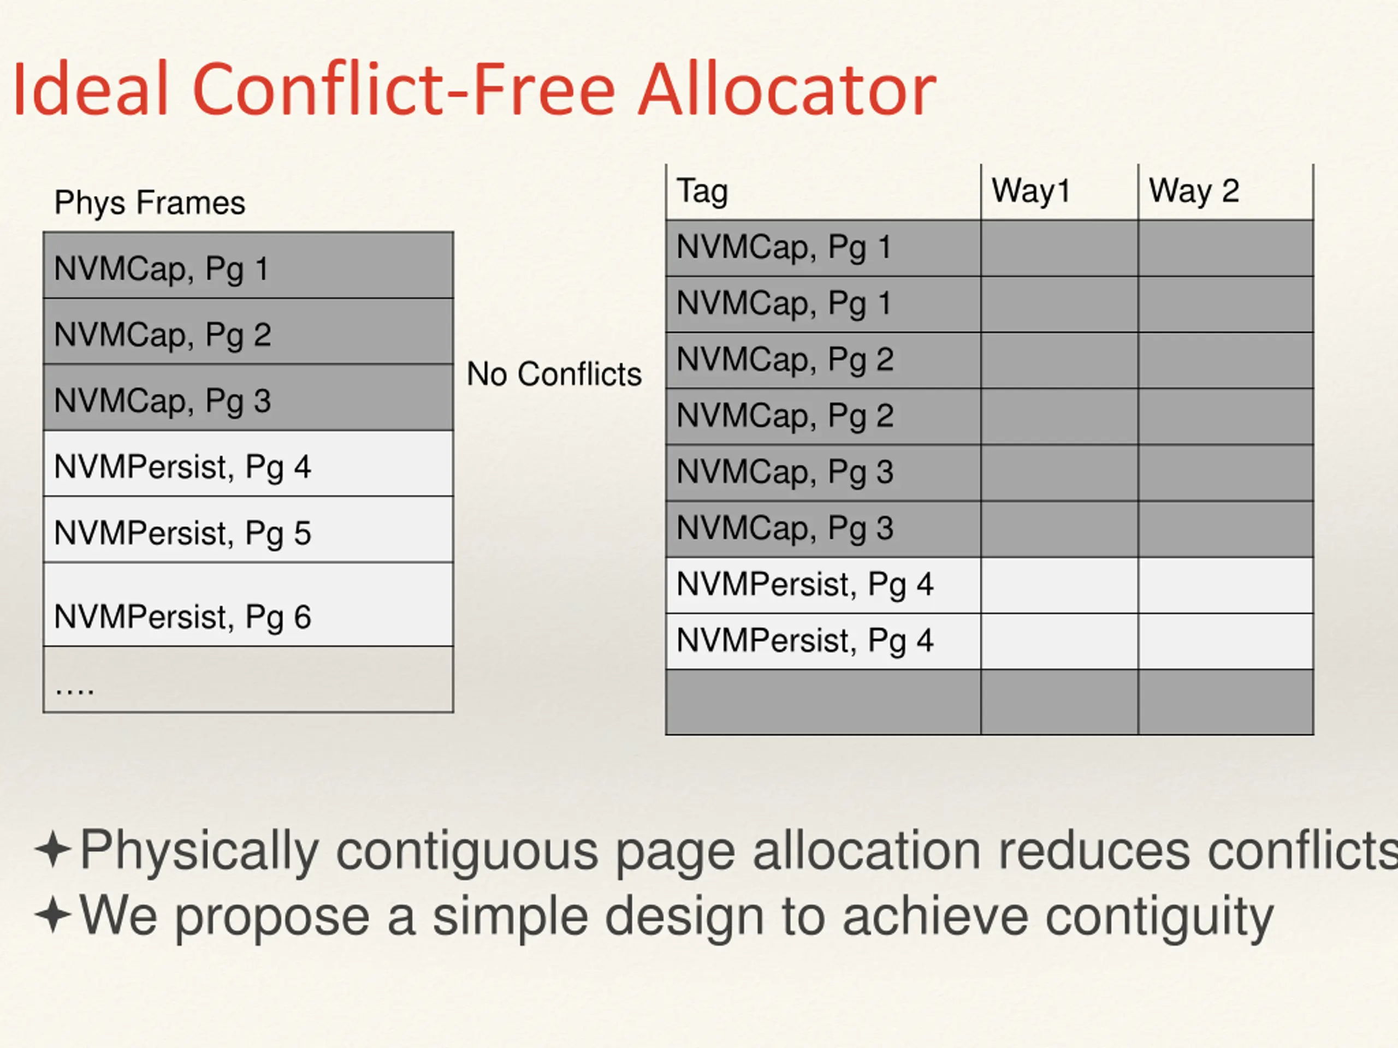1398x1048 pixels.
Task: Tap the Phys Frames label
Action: point(149,203)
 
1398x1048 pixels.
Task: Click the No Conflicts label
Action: point(554,374)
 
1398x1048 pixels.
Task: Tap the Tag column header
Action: point(702,192)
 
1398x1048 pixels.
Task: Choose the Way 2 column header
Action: point(1193,192)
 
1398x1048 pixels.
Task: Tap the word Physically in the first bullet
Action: point(199,851)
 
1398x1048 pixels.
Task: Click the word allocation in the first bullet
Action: point(867,851)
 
